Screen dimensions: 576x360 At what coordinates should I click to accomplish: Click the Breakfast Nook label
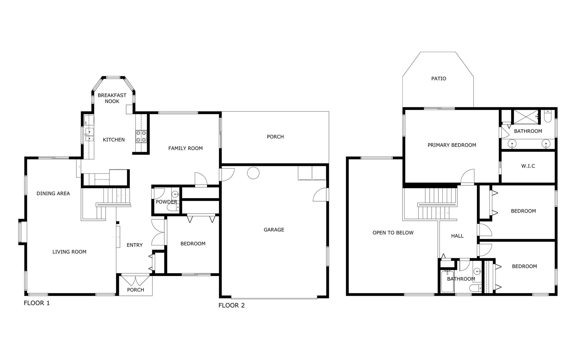point(112,98)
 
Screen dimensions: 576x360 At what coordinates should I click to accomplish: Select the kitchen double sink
point(89,135)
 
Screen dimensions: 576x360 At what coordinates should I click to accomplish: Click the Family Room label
point(185,148)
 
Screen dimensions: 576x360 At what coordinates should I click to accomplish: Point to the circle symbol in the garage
point(253,173)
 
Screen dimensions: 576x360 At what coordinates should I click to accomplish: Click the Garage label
point(274,230)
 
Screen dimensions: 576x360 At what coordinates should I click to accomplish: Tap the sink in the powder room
point(175,194)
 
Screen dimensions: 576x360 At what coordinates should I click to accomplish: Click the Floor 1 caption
point(37,303)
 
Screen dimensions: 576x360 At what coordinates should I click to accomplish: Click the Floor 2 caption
point(231,305)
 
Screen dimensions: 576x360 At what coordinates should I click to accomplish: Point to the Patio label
point(439,79)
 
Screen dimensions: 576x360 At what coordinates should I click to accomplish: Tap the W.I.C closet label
point(528,166)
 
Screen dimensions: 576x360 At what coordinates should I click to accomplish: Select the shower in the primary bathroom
point(526,117)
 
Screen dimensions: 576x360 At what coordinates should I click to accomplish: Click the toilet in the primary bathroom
point(548,116)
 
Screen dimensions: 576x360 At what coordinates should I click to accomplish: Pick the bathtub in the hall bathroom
point(447,281)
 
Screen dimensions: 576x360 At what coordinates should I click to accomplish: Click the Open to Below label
point(393,233)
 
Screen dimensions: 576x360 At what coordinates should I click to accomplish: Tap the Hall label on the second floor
point(457,236)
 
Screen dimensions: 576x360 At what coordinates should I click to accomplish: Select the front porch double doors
point(136,280)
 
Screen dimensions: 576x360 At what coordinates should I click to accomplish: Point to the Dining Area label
point(53,193)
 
